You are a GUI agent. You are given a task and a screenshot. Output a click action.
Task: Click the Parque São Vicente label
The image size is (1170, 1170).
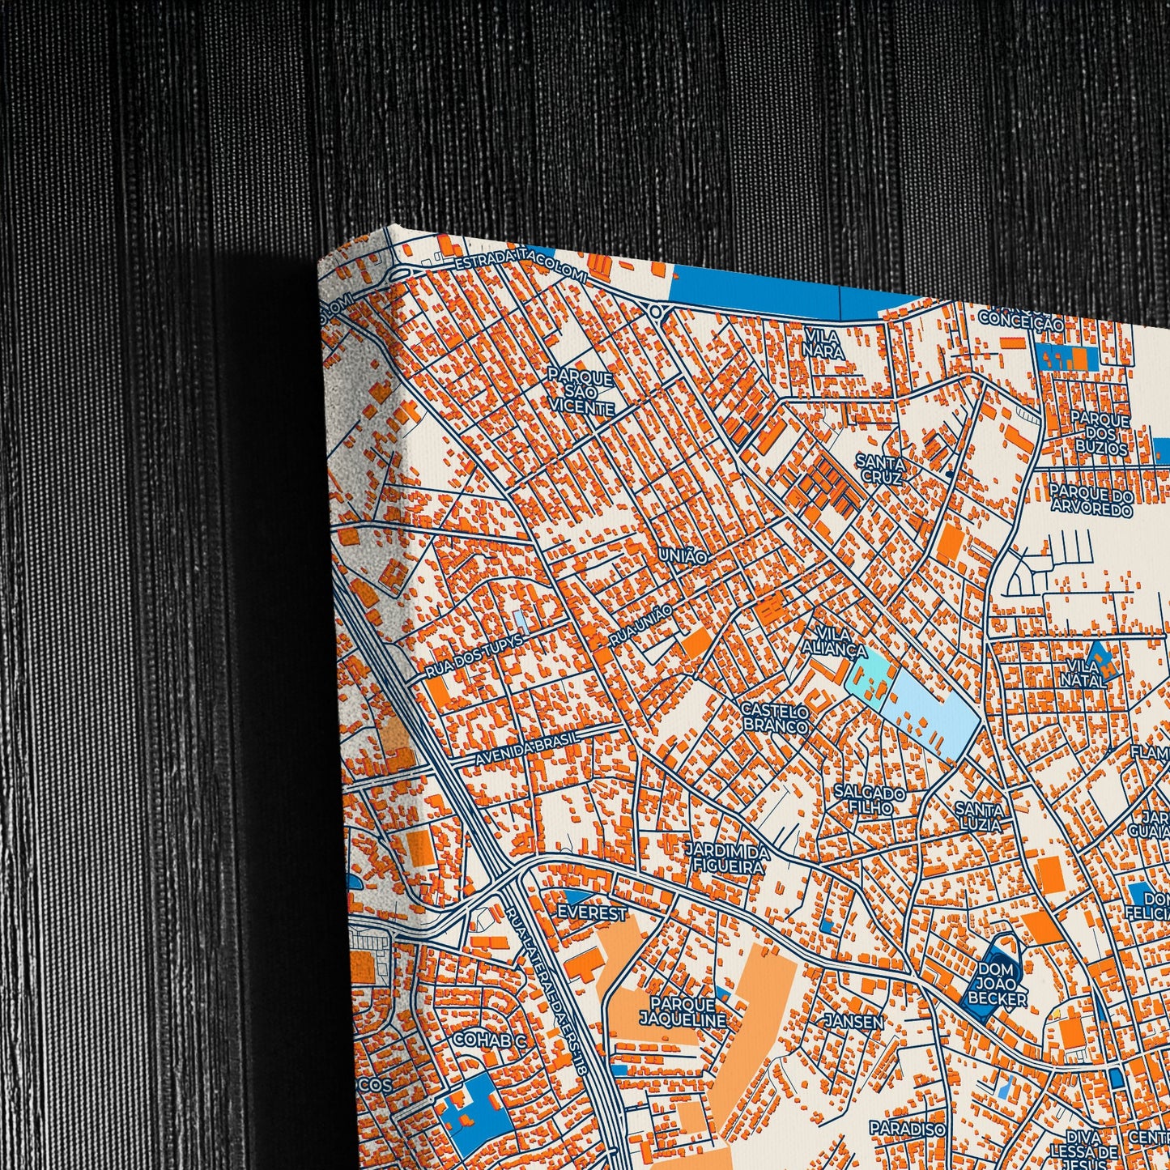pyautogui.click(x=581, y=393)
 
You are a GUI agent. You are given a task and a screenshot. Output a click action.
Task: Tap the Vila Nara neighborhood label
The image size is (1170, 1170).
pyautogui.click(x=824, y=344)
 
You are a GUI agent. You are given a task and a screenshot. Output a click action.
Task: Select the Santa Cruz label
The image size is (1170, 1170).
pyautogui.click(x=880, y=468)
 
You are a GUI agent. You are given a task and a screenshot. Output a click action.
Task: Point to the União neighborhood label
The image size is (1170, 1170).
pyautogui.click(x=685, y=556)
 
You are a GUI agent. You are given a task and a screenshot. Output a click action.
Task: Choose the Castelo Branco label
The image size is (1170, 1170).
pyautogui.click(x=775, y=719)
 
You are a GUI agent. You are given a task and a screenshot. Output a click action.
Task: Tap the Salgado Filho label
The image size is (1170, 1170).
pyautogui.click(x=870, y=800)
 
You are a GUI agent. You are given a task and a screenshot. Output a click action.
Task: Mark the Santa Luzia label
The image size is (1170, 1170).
pyautogui.click(x=979, y=816)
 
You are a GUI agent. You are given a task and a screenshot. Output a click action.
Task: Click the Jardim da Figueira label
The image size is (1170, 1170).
pyautogui.click(x=727, y=859)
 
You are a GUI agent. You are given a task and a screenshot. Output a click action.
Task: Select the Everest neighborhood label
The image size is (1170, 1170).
pyautogui.click(x=592, y=913)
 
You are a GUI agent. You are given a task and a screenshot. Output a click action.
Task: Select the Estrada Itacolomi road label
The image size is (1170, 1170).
pyautogui.click(x=521, y=262)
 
